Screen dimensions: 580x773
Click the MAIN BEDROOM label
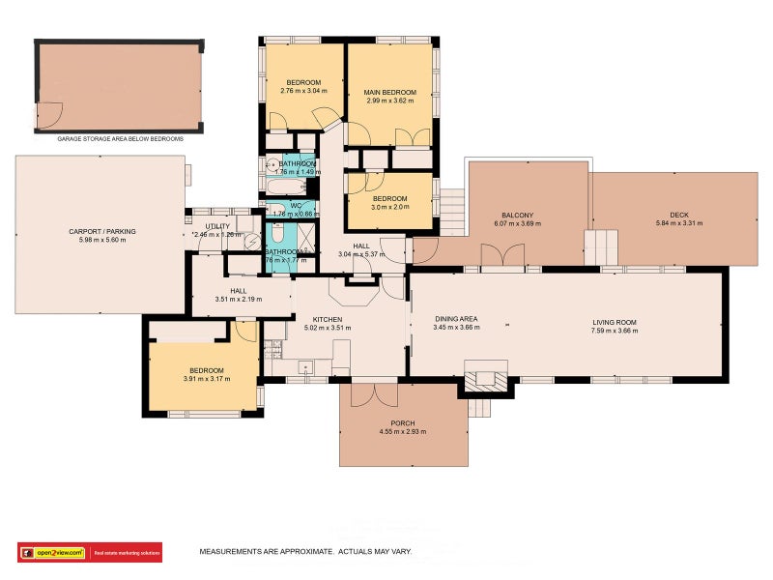(389, 92)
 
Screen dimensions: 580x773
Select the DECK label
(677, 215)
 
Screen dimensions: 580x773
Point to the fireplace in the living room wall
(485, 376)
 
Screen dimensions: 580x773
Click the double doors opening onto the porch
(373, 394)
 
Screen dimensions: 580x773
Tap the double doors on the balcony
(502, 254)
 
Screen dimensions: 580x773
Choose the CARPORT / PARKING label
(101, 231)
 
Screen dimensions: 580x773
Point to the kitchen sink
(306, 367)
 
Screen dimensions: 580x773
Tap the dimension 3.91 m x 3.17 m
(207, 379)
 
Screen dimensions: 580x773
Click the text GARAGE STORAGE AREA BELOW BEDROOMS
(120, 139)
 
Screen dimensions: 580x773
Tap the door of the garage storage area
(49, 117)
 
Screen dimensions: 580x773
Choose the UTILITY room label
(217, 226)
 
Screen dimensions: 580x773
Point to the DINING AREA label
(456, 318)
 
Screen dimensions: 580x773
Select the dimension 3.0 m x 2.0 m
(389, 206)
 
